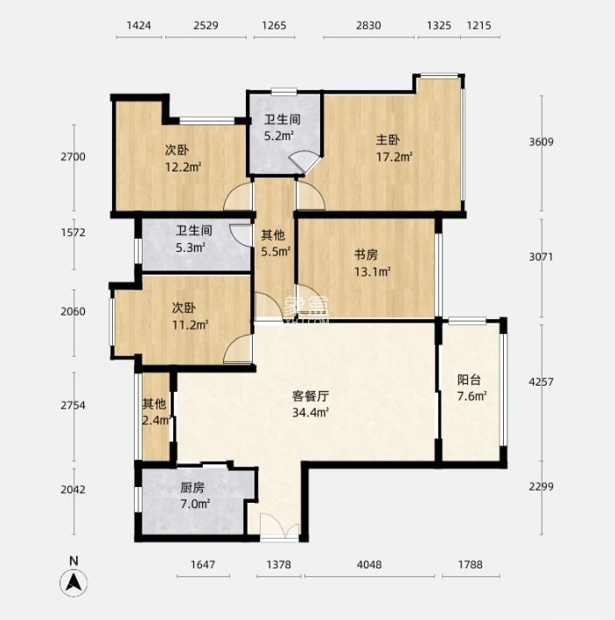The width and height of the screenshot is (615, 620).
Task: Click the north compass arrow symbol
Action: pos(73,582)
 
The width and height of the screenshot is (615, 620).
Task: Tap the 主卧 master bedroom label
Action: pos(388,140)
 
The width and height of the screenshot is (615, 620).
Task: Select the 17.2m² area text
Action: pos(395,157)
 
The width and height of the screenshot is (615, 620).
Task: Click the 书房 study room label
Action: pos(366,254)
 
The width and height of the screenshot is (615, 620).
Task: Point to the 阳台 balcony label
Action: pos(469,380)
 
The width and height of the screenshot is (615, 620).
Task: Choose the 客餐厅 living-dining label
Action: pos(311,396)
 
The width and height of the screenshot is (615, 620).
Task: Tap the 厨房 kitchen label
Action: pos(192,488)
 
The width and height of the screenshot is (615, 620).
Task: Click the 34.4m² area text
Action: pos(311,413)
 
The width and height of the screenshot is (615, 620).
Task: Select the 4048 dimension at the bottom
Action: pos(369,564)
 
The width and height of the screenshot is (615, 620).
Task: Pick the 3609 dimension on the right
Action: pos(541,142)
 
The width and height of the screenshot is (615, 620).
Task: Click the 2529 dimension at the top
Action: pos(206,25)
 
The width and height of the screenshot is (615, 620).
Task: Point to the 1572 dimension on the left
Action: pos(73,232)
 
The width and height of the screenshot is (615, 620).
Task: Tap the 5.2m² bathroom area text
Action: pos(279,136)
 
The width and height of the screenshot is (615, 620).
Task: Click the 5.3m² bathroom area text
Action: pos(191,248)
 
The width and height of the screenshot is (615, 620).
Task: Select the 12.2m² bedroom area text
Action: pos(183,167)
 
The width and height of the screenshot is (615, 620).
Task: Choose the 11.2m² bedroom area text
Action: pos(190,325)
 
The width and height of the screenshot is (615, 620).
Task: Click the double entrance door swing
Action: pos(280,526)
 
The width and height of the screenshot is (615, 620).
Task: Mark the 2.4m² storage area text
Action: pos(157,421)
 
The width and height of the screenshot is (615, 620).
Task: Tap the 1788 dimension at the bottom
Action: pos(471,564)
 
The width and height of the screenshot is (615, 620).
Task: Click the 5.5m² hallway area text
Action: pos(276,252)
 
